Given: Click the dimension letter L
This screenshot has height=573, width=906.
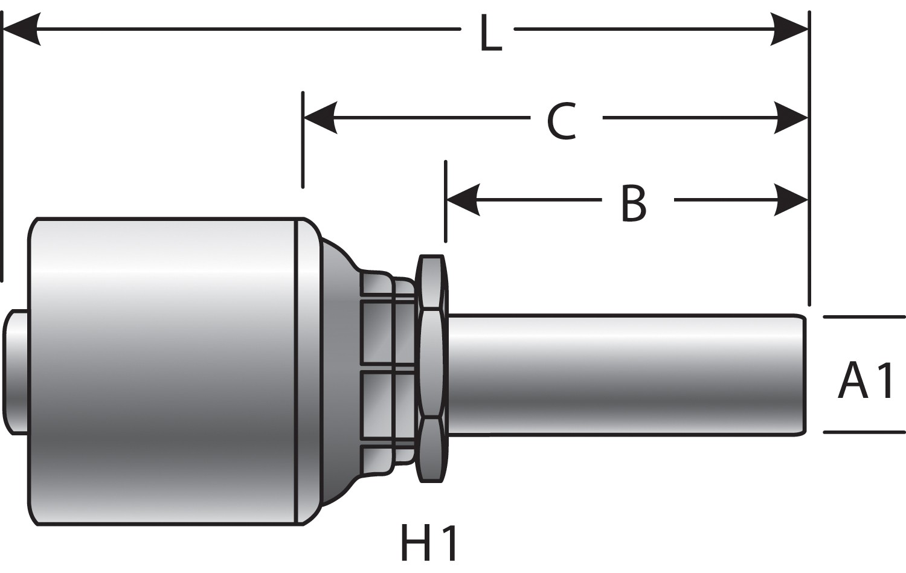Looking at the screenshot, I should [x=490, y=35].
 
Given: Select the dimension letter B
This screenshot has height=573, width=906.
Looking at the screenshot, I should [x=634, y=203].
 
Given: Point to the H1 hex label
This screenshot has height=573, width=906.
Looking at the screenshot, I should [x=429, y=543].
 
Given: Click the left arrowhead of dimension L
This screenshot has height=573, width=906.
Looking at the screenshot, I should [x=21, y=28].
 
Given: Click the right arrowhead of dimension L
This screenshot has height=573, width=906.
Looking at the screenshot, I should [x=789, y=28].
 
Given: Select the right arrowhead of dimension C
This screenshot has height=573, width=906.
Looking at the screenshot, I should [x=789, y=117].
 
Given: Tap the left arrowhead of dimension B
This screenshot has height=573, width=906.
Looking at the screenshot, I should [x=463, y=199].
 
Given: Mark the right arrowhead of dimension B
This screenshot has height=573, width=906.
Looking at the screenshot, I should [x=789, y=199].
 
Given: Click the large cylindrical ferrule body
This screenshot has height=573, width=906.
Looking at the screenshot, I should [x=163, y=371].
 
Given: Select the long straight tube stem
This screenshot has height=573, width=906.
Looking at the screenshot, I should [x=622, y=373].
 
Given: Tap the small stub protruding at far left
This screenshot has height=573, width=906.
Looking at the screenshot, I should [x=15, y=371].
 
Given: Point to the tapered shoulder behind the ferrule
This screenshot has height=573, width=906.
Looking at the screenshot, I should [x=338, y=371].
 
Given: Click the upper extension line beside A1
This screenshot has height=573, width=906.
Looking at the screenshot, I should [x=864, y=316].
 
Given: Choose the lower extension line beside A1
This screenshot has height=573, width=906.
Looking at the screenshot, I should [x=864, y=432].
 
